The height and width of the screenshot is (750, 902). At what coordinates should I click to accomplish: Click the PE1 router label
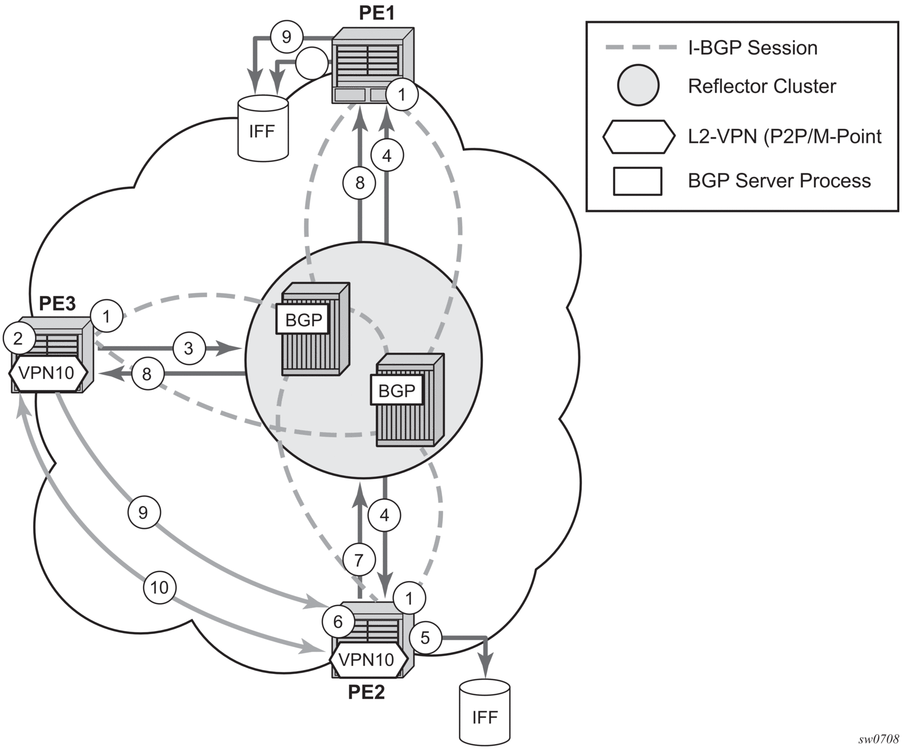377,12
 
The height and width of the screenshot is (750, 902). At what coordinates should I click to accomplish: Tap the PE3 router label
57,304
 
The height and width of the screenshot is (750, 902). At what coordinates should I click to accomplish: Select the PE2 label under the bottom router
366,692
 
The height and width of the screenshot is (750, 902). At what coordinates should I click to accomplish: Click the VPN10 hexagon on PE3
48,373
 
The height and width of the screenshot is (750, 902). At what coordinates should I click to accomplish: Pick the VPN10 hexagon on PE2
368,660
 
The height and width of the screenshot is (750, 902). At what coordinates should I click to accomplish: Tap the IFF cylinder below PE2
485,712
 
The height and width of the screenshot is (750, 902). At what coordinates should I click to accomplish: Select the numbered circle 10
159,587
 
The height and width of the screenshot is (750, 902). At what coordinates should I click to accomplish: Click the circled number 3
188,348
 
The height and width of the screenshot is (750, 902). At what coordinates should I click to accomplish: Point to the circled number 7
359,560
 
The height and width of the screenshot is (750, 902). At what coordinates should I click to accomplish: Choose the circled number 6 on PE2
338,621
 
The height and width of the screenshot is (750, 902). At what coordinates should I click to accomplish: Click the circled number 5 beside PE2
425,637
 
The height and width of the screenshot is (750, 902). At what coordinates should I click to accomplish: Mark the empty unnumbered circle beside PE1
311,64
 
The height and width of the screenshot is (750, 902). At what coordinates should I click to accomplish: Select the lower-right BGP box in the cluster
397,391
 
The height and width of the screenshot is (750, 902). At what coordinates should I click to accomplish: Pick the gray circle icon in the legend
638,86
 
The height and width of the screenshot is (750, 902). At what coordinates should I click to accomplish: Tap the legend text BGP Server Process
779,181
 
